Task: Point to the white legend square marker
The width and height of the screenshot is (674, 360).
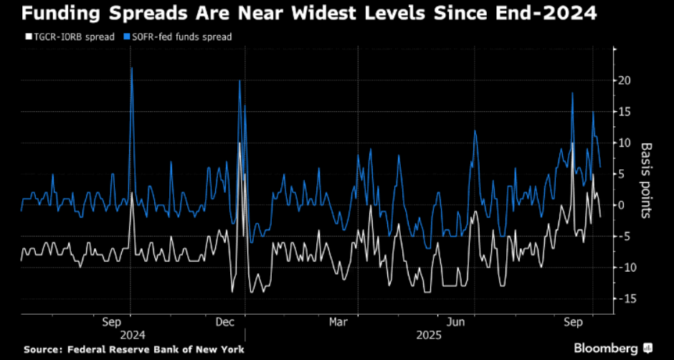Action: pos(28,37)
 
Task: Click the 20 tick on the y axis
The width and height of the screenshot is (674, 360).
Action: pos(625,80)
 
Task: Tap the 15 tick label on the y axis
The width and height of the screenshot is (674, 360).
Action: pos(625,112)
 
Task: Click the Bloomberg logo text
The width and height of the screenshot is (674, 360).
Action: pos(606,349)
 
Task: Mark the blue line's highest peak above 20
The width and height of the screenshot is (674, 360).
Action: pos(131,68)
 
